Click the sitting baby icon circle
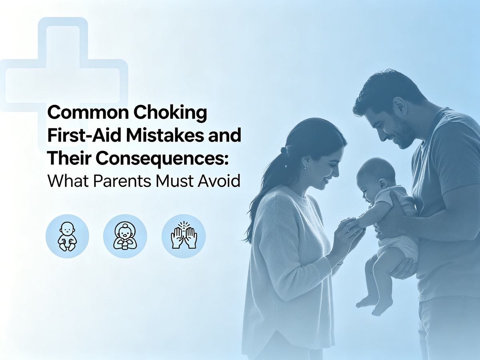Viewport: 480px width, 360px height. coord(67,236)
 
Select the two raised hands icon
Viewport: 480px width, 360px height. coord(184,236)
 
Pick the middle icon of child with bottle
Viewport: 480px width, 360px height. coord(125,236)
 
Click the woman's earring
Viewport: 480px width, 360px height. coord(306,167)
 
